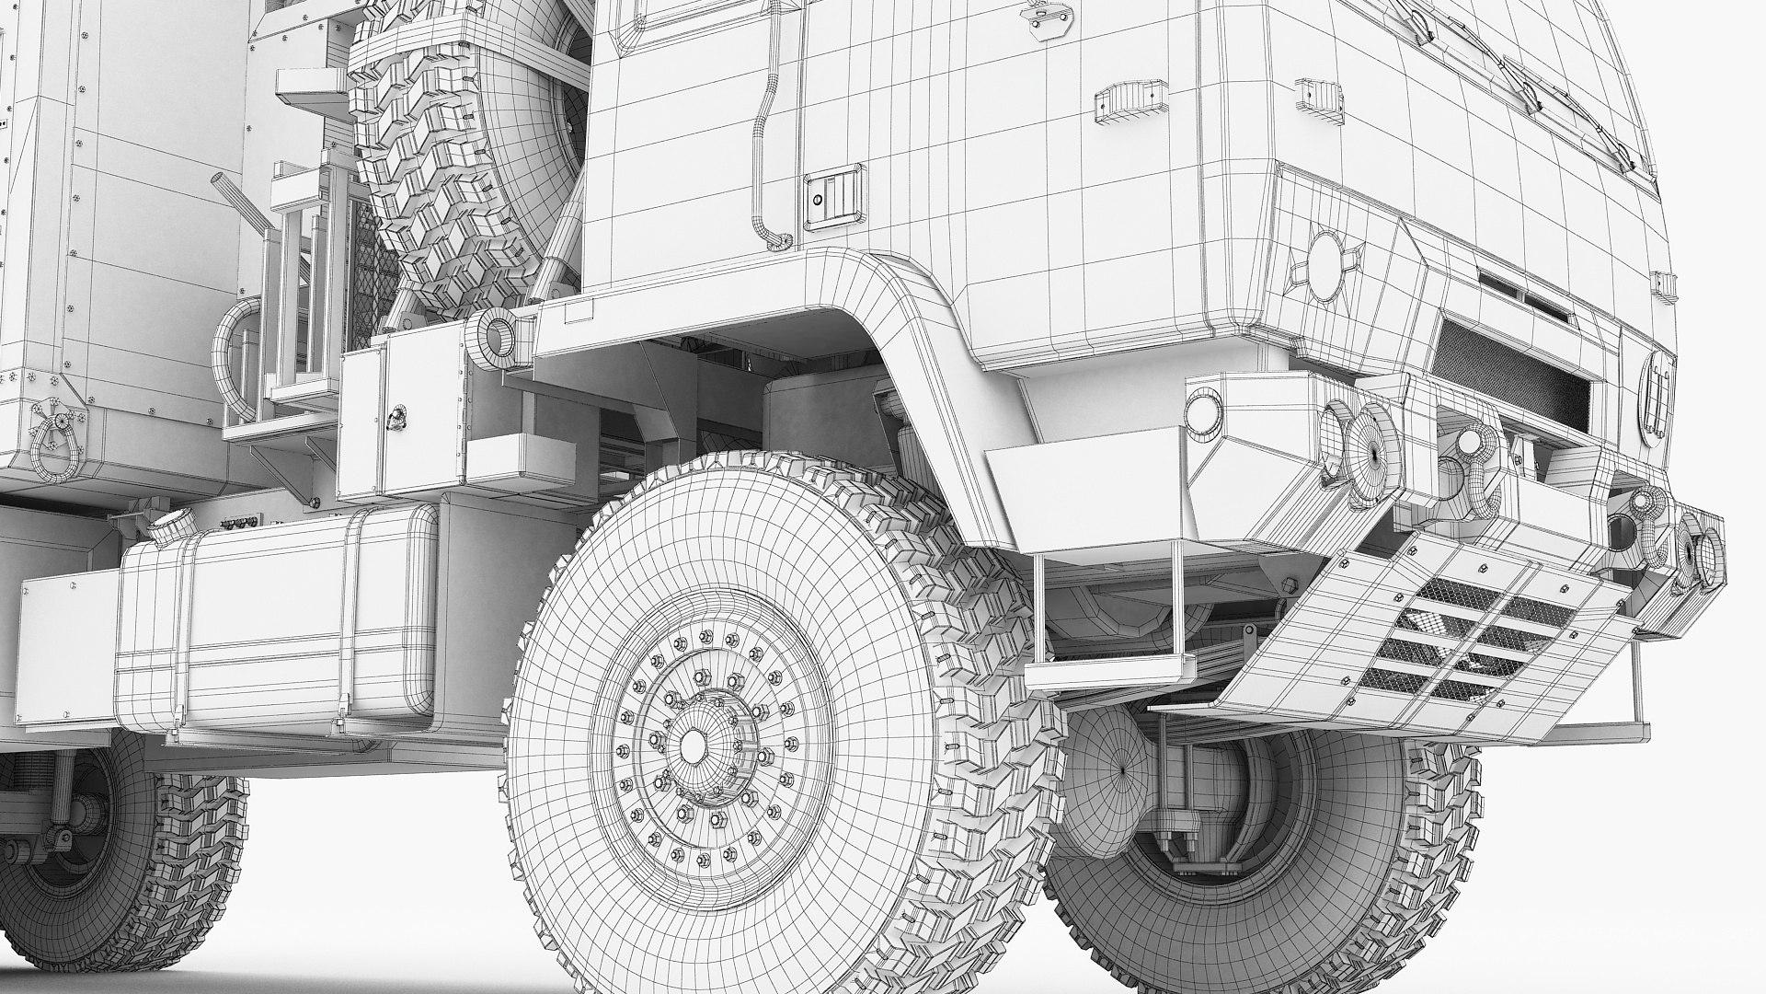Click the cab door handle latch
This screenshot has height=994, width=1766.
coord(833,198)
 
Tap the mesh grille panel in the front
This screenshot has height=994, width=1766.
coord(1508,368)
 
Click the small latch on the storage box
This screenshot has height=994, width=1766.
coord(396,418)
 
